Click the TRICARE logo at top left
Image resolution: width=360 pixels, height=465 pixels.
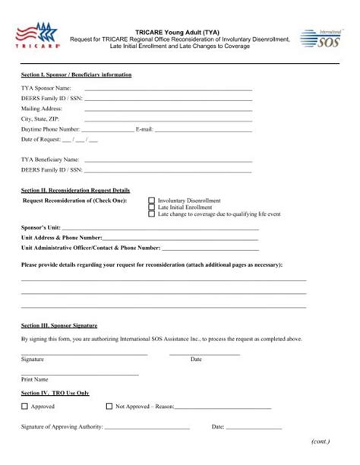(x=36, y=35)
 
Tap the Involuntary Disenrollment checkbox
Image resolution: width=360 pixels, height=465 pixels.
(x=151, y=201)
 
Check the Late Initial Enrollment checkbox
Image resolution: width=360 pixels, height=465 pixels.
(x=151, y=207)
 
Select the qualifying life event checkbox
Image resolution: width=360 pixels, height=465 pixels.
(x=151, y=214)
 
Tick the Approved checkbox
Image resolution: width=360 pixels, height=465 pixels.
(x=25, y=406)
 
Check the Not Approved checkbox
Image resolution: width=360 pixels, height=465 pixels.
(x=109, y=406)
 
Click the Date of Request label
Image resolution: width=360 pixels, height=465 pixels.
(x=40, y=140)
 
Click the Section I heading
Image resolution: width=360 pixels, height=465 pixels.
(x=76, y=75)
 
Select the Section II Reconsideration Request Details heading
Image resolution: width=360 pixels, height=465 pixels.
(x=75, y=190)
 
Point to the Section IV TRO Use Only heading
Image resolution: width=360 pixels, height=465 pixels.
(x=55, y=393)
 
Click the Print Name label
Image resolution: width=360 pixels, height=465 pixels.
(x=35, y=379)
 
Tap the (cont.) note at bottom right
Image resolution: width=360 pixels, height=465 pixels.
(x=321, y=441)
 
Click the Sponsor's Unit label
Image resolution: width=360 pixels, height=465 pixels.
(x=40, y=227)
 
